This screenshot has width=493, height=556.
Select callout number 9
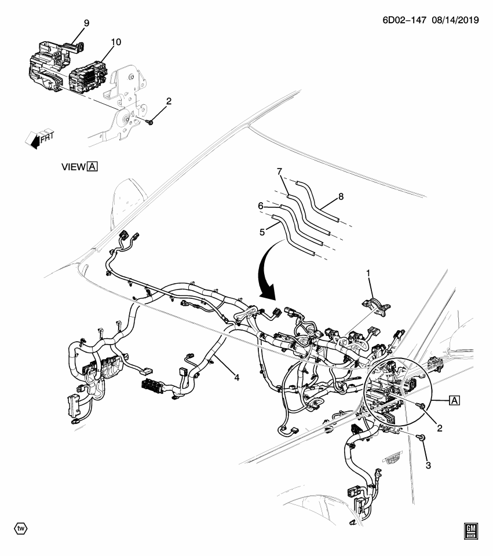86,23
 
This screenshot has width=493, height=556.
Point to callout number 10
116,42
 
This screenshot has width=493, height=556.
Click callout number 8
341,197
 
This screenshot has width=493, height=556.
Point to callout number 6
261,206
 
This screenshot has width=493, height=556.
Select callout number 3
428,466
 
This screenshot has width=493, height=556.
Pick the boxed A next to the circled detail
454,400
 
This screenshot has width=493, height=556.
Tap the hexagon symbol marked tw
21,529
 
